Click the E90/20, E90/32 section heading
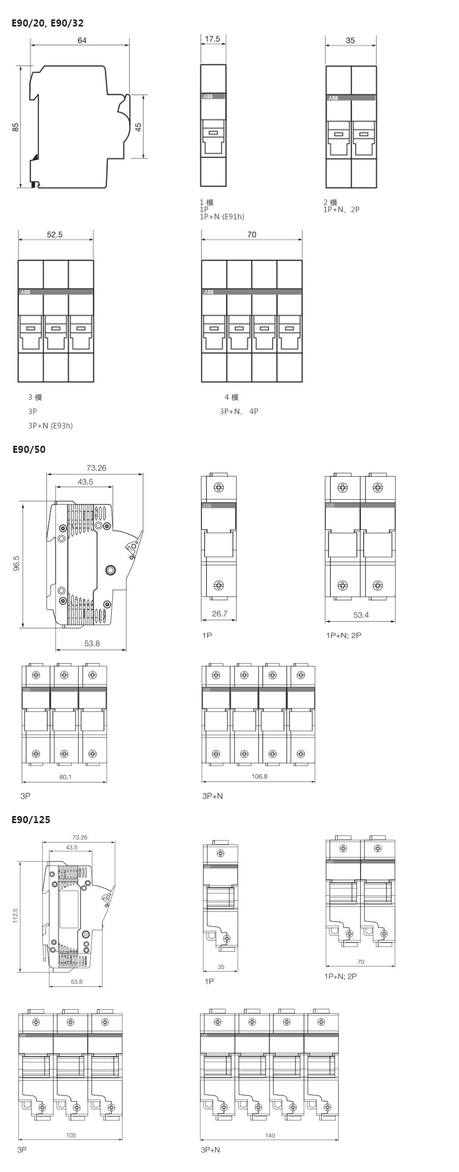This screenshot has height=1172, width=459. [x=48, y=23]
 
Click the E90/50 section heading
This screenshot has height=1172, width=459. [x=29, y=449]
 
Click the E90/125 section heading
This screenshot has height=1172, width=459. [x=31, y=820]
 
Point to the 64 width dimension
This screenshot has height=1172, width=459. [x=82, y=40]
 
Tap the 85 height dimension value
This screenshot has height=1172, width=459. [x=16, y=127]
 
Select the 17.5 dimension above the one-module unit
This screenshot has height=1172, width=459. [x=212, y=39]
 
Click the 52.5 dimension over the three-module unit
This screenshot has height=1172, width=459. [x=55, y=235]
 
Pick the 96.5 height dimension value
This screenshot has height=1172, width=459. [x=17, y=565]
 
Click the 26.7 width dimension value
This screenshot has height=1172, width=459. [x=219, y=614]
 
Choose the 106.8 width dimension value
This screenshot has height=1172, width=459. [x=259, y=776]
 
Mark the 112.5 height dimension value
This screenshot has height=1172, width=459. [x=15, y=915]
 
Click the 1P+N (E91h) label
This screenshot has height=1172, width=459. [x=222, y=216]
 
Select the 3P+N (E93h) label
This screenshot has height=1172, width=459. [x=50, y=425]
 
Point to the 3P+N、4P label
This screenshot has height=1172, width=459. [x=239, y=411]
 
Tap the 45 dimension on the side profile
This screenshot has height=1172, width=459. [x=138, y=126]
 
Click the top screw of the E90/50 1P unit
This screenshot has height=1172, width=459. [x=219, y=488]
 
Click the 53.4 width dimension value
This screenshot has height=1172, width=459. [x=361, y=615]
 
